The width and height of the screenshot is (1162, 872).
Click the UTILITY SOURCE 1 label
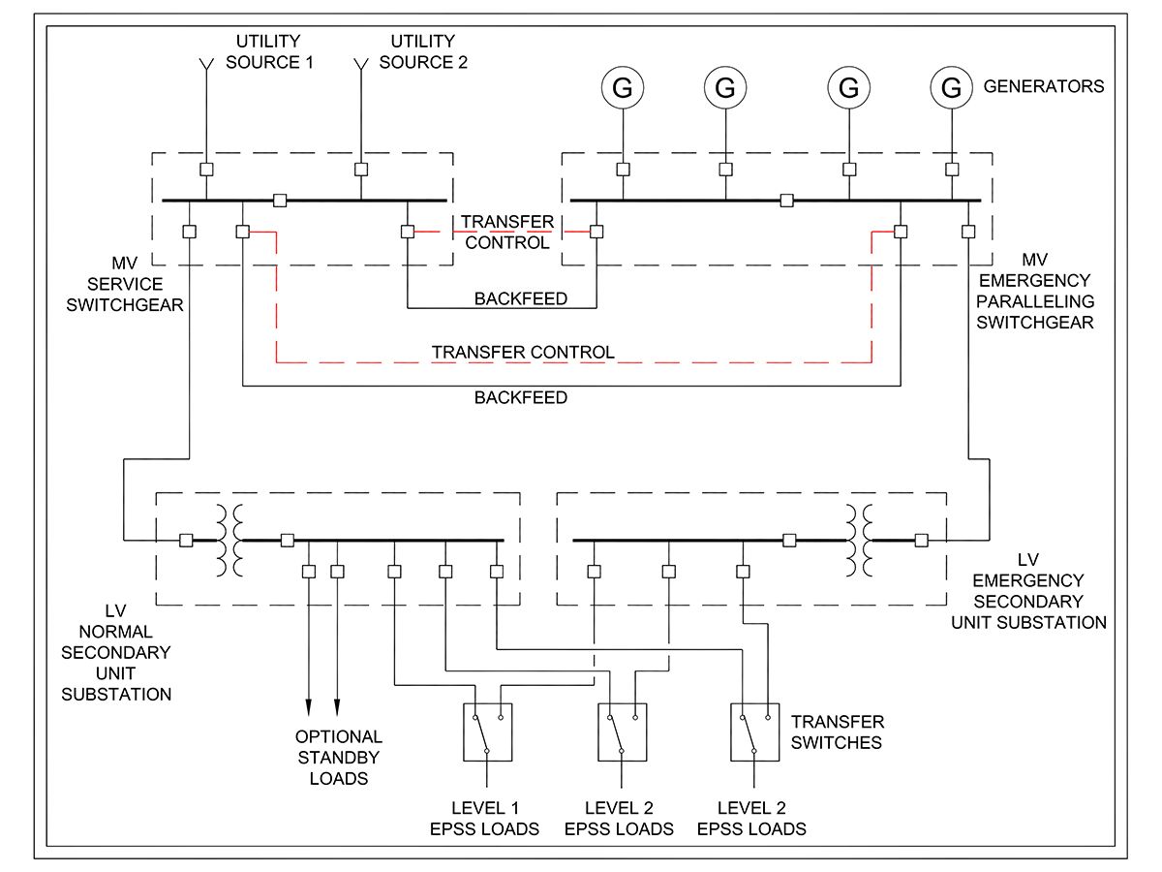coord(268,51)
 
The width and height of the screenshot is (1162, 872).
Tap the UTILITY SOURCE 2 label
coord(422,51)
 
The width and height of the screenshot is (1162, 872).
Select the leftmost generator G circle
coord(623,88)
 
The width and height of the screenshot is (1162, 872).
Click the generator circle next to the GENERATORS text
coord(952,88)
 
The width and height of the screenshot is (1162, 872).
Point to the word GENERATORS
coord(1043,86)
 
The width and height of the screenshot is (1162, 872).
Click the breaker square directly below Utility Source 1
coord(206,170)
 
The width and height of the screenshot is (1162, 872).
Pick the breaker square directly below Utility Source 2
coord(361,170)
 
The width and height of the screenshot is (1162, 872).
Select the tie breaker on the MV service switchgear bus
coord(280,201)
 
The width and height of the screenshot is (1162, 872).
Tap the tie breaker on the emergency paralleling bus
coord(787,201)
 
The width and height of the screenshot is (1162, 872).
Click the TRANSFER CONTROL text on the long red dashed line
coord(523,352)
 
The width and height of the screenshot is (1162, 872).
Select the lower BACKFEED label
coord(521,397)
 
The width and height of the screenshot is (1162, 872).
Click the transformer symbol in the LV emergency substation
coord(858,540)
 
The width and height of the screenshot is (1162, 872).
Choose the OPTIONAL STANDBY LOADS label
coord(339,757)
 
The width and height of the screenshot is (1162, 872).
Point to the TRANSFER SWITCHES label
coord(838,732)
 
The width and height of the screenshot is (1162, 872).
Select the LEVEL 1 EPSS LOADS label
coord(484,819)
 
